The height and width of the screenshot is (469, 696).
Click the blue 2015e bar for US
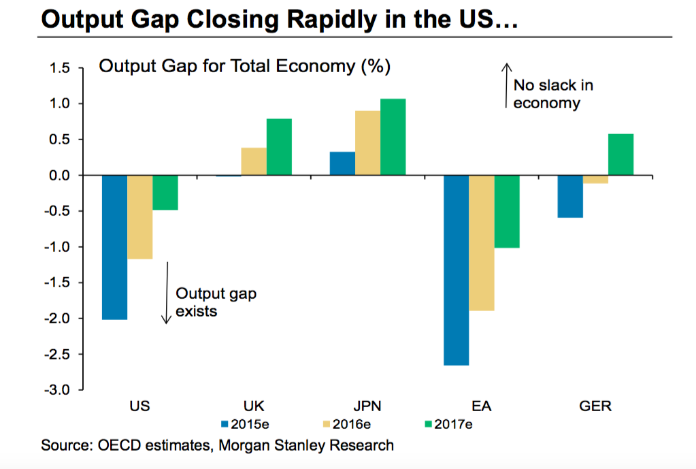coord(114,247)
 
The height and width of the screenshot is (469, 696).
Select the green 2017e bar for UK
coord(279,147)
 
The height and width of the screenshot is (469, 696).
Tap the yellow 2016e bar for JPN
coord(367,143)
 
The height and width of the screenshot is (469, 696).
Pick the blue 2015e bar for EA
coord(456,270)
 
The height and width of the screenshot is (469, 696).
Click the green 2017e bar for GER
coord(620,155)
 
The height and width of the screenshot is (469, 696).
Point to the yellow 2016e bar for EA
coord(482,243)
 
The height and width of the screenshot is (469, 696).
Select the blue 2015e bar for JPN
coord(342,163)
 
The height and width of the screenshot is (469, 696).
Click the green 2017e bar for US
coord(165,193)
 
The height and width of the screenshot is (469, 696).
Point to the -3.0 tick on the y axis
coord(59,390)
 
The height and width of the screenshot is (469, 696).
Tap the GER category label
coord(595,406)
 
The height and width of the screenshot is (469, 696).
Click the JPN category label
coord(367,406)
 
